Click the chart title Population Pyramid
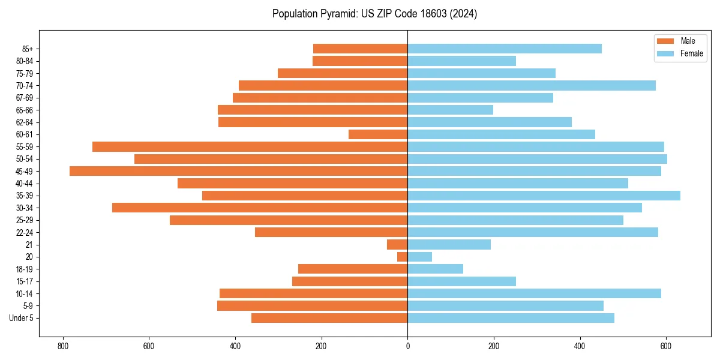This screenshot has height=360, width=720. (x=374, y=14)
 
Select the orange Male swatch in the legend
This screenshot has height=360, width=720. (x=665, y=41)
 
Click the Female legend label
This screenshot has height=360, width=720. (x=691, y=53)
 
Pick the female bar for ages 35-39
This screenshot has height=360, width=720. (x=544, y=196)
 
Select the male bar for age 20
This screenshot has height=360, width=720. (x=403, y=257)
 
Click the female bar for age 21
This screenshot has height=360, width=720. (x=449, y=244)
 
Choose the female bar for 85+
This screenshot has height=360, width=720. (x=504, y=49)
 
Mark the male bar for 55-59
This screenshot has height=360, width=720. (x=250, y=146)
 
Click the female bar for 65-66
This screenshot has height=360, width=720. (x=450, y=110)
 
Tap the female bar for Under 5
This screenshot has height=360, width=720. (x=511, y=318)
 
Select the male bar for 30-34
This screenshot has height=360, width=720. (x=260, y=208)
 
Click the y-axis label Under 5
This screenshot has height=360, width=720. (x=21, y=318)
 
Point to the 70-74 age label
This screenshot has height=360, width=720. (x=25, y=85)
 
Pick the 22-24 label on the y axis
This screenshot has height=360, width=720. (x=25, y=232)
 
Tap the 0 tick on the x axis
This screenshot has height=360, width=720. (x=407, y=346)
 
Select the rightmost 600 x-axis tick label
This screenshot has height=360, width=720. (x=665, y=346)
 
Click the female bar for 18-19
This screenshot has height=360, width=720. (x=435, y=269)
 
